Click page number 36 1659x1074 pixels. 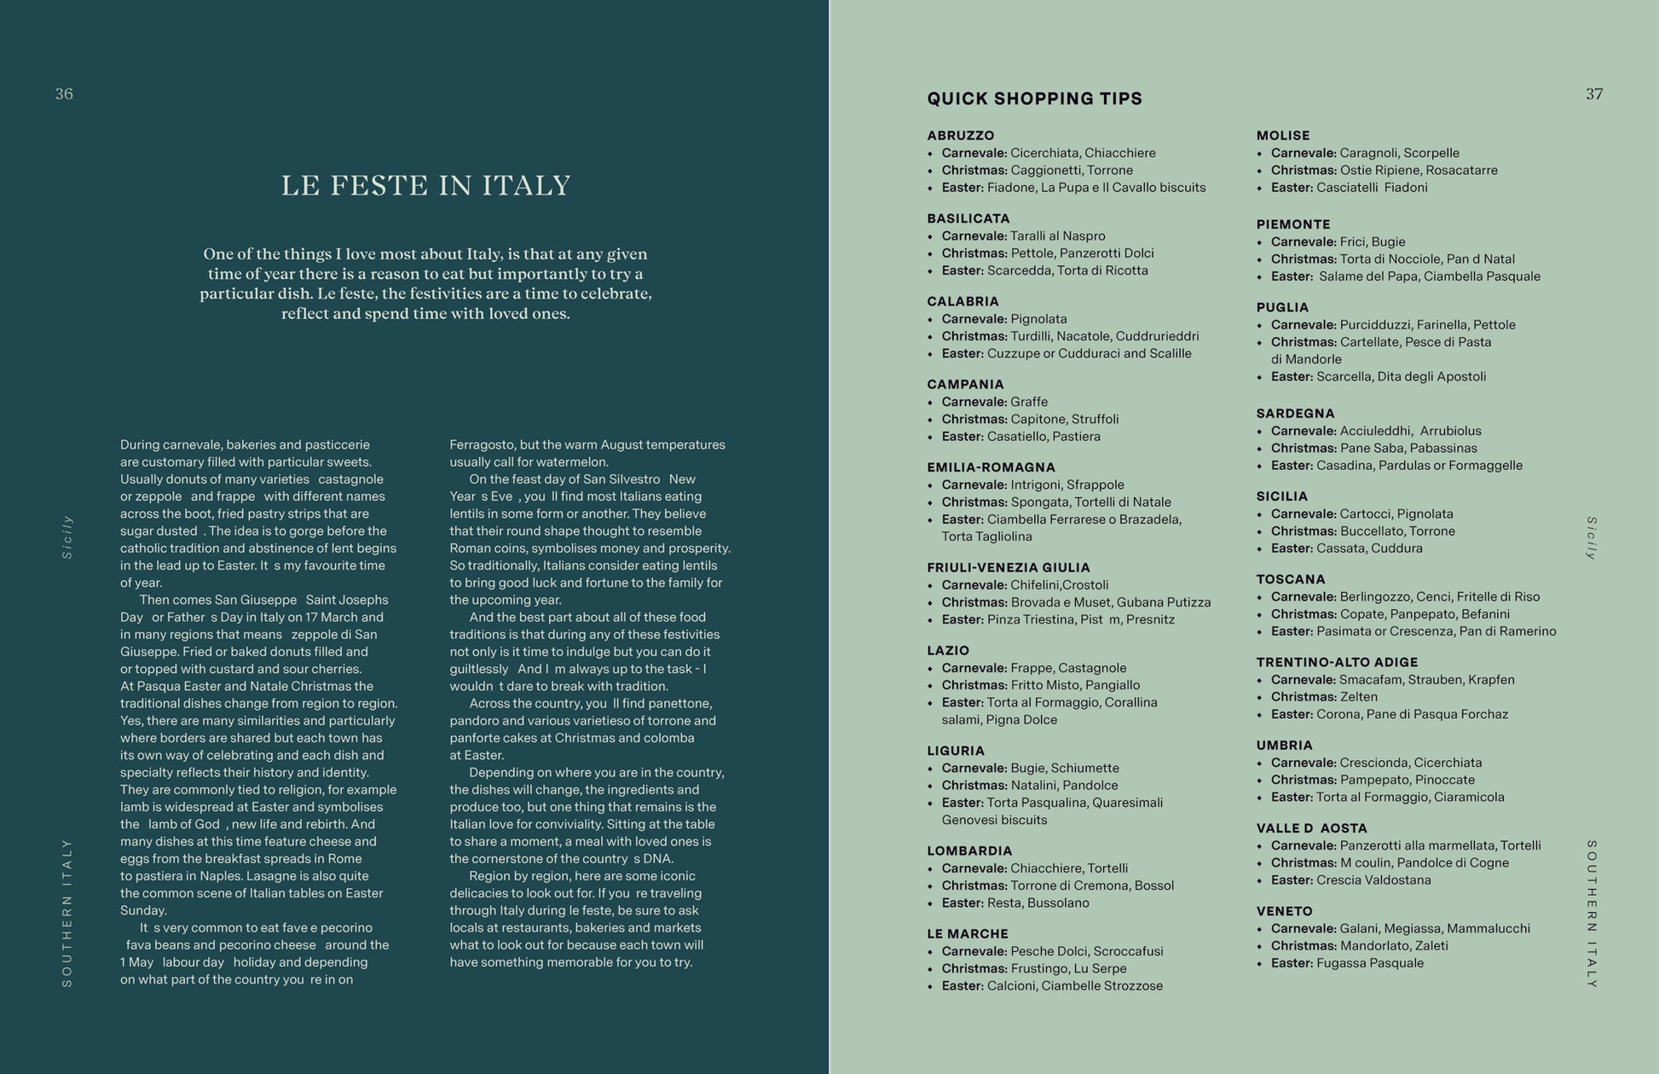[x=64, y=94]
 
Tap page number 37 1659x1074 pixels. [x=1594, y=94]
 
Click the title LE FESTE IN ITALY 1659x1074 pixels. [x=425, y=185]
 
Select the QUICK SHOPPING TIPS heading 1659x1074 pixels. [x=1034, y=99]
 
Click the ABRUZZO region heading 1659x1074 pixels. [x=961, y=136]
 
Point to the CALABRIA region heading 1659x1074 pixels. [x=962, y=301]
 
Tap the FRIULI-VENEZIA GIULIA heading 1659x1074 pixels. [x=1009, y=567]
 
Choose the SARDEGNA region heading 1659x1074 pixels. [x=1295, y=414]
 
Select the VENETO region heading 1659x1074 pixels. [x=1284, y=911]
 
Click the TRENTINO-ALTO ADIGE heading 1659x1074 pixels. [x=1337, y=662]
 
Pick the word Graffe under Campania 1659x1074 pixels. [x=1029, y=402]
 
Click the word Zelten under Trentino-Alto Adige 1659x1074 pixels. [x=1358, y=697]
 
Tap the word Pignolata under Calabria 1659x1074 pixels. [x=1038, y=319]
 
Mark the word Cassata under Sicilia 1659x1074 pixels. [x=1339, y=549]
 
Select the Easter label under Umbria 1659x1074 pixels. [x=1291, y=797]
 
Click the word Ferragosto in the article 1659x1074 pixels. [x=482, y=444]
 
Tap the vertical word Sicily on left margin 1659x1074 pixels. [x=67, y=537]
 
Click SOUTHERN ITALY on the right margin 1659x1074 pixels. [x=1592, y=913]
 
